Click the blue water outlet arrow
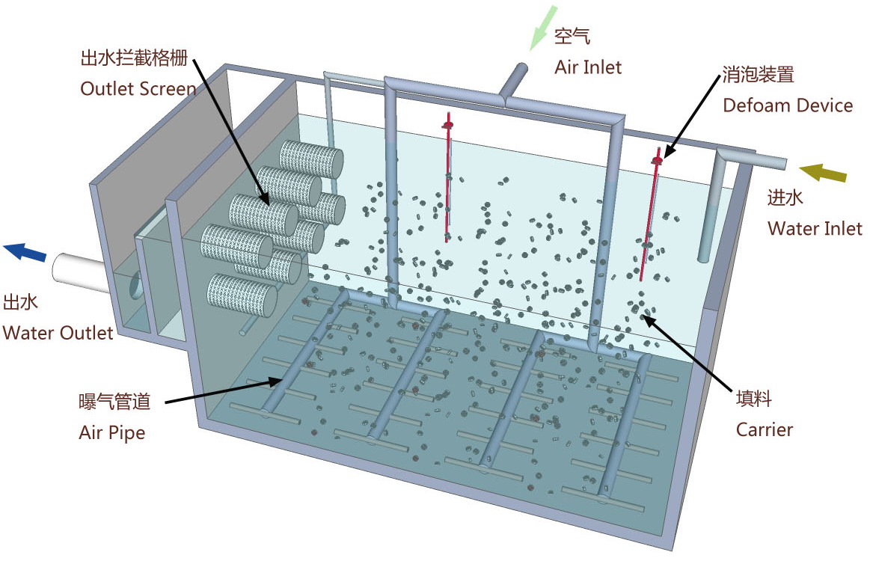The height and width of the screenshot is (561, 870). click(x=24, y=252)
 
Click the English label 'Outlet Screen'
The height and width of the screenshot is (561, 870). click(x=138, y=88)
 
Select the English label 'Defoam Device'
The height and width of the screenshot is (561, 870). click(x=787, y=105)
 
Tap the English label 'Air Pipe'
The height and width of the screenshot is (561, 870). click(x=111, y=432)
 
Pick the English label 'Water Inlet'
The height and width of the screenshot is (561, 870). click(x=815, y=228)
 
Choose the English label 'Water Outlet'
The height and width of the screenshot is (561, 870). click(x=58, y=332)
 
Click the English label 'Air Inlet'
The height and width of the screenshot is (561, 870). click(x=587, y=67)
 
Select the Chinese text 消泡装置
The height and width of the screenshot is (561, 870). click(x=757, y=75)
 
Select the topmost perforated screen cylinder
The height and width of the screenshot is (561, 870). click(x=311, y=159)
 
